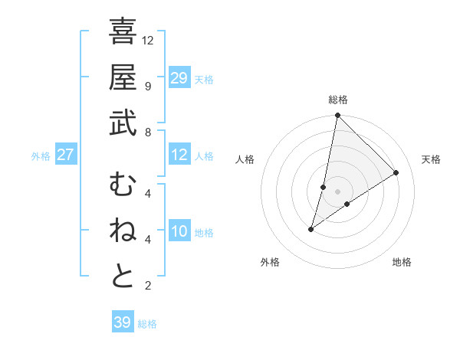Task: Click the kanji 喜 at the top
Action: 123,32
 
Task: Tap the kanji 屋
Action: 123,77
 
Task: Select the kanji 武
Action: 123,123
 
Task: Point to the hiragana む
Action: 123,186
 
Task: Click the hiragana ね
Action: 123,231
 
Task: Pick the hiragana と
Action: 123,277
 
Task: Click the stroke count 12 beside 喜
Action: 148,40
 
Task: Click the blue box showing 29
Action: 179,78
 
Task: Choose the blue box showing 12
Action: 179,155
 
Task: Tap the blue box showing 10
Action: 179,232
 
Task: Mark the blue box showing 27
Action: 66,155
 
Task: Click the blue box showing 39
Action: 123,322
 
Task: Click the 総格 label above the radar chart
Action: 338,100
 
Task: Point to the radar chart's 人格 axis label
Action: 245,159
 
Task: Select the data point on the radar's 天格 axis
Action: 396,172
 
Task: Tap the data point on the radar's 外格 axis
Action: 311,229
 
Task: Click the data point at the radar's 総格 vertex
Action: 337,116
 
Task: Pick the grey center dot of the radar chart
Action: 337,191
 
